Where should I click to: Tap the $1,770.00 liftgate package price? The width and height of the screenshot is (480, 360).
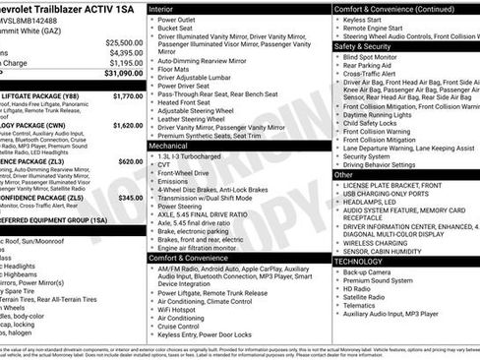[x=128, y=96]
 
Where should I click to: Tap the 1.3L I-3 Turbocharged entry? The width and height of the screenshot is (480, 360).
[x=195, y=156]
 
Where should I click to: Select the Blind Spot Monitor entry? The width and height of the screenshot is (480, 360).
[x=375, y=57]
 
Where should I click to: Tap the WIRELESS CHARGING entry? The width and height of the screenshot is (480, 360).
[x=378, y=242]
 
